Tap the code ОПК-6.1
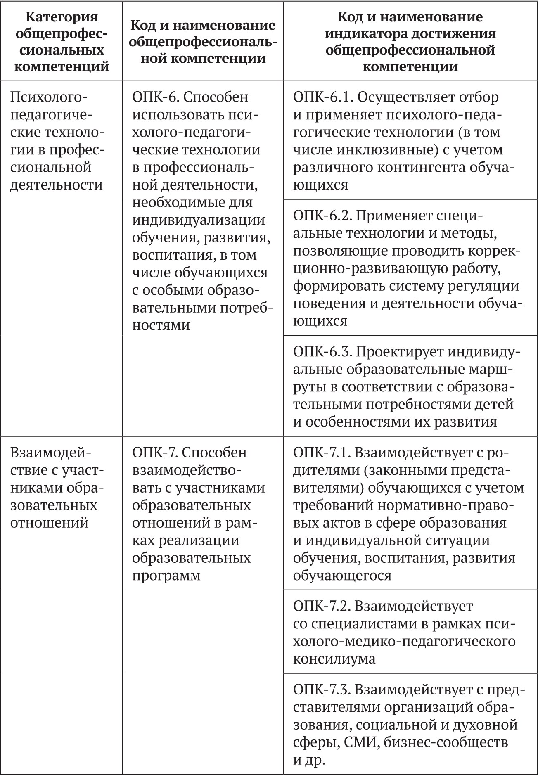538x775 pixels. pos(322,97)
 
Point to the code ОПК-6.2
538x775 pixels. pos(322,216)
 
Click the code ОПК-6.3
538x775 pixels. pos(322,352)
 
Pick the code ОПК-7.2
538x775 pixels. pos(322,606)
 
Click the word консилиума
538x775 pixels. pos(334,659)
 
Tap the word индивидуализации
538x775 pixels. pos(199,220)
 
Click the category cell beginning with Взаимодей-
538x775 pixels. pos(56,487)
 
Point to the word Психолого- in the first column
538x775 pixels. pos(49,97)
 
